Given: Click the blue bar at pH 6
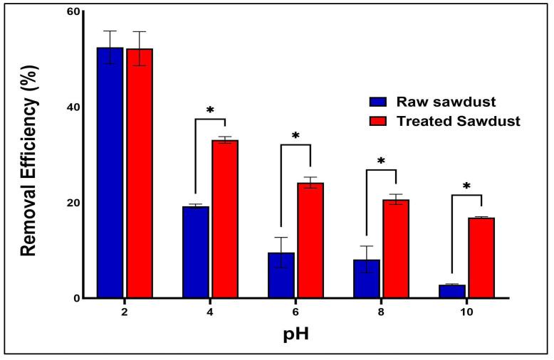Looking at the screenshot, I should tap(281, 275).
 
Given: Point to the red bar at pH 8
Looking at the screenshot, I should tap(396, 248).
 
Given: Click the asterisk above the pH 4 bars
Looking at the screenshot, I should tap(210, 111).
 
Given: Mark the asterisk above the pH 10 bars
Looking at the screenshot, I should tap(466, 187).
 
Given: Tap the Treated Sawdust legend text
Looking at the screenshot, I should tap(459, 120).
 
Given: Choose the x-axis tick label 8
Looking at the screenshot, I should tap(381, 312).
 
